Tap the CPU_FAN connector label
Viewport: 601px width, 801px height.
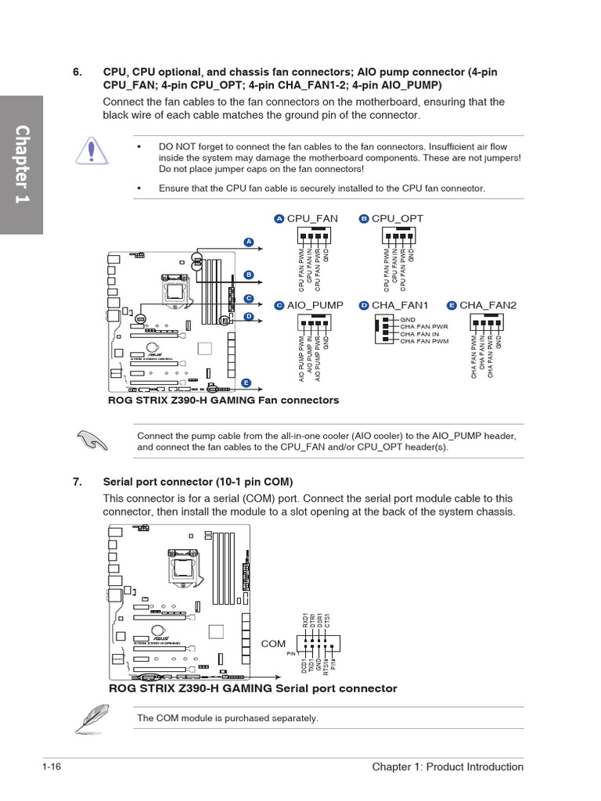(x=312, y=218)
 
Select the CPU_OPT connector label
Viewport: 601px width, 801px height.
(x=397, y=218)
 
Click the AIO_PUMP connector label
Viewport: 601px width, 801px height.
(x=315, y=305)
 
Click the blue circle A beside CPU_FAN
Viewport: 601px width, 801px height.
(x=279, y=218)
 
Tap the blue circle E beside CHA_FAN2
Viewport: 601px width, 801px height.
(x=452, y=305)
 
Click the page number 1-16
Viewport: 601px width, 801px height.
(x=52, y=767)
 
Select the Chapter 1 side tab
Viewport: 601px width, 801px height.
(x=21, y=164)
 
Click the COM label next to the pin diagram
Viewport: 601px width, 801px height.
(x=273, y=644)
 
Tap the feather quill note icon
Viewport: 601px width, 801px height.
(x=92, y=717)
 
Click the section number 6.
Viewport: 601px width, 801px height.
(x=77, y=72)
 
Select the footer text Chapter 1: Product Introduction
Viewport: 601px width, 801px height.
(x=448, y=767)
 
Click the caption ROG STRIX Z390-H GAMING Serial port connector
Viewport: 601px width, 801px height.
(x=253, y=688)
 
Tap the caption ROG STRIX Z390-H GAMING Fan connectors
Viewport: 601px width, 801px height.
(x=224, y=400)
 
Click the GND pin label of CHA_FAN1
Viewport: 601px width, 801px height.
(x=408, y=320)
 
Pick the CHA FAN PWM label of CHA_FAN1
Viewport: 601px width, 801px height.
(x=424, y=341)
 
